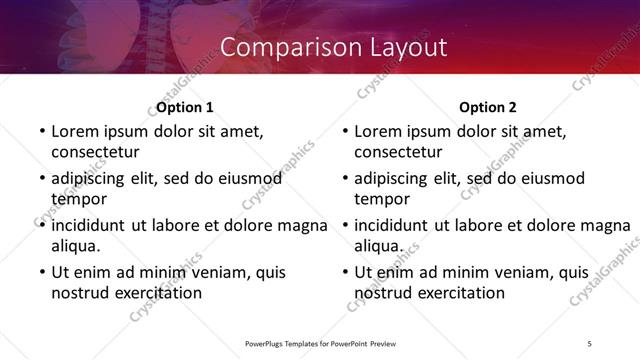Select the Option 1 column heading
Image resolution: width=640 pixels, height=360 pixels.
coord(185,107)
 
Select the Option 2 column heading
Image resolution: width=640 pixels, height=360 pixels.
coord(488,107)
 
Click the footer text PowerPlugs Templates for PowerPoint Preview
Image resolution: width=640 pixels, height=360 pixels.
coord(319,343)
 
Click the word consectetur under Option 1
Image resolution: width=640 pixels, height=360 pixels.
coord(95,152)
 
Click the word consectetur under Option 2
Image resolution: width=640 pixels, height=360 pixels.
coord(398,152)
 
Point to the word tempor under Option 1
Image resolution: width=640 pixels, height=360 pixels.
coord(78,198)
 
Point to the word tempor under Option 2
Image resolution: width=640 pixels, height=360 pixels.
coord(382,198)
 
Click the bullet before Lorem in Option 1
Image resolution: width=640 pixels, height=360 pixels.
coord(40,131)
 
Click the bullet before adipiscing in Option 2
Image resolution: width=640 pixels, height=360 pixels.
coord(343,178)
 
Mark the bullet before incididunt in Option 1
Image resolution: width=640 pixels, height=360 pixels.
coord(40,225)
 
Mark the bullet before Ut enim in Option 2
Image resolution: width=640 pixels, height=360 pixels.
coord(343,272)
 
